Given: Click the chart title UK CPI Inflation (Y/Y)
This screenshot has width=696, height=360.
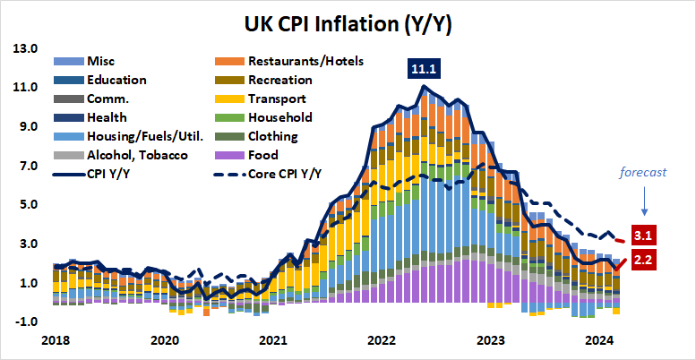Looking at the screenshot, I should point(348,25).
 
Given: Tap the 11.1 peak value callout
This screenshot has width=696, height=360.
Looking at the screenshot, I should point(422,68).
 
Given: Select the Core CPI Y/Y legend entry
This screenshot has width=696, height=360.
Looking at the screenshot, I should point(288,175).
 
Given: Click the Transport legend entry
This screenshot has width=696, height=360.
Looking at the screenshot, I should point(280,99).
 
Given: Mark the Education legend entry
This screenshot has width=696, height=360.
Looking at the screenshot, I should point(117,80).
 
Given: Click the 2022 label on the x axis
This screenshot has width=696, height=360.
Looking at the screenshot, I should point(382,341).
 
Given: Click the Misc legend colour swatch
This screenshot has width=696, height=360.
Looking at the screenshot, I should point(68,61).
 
